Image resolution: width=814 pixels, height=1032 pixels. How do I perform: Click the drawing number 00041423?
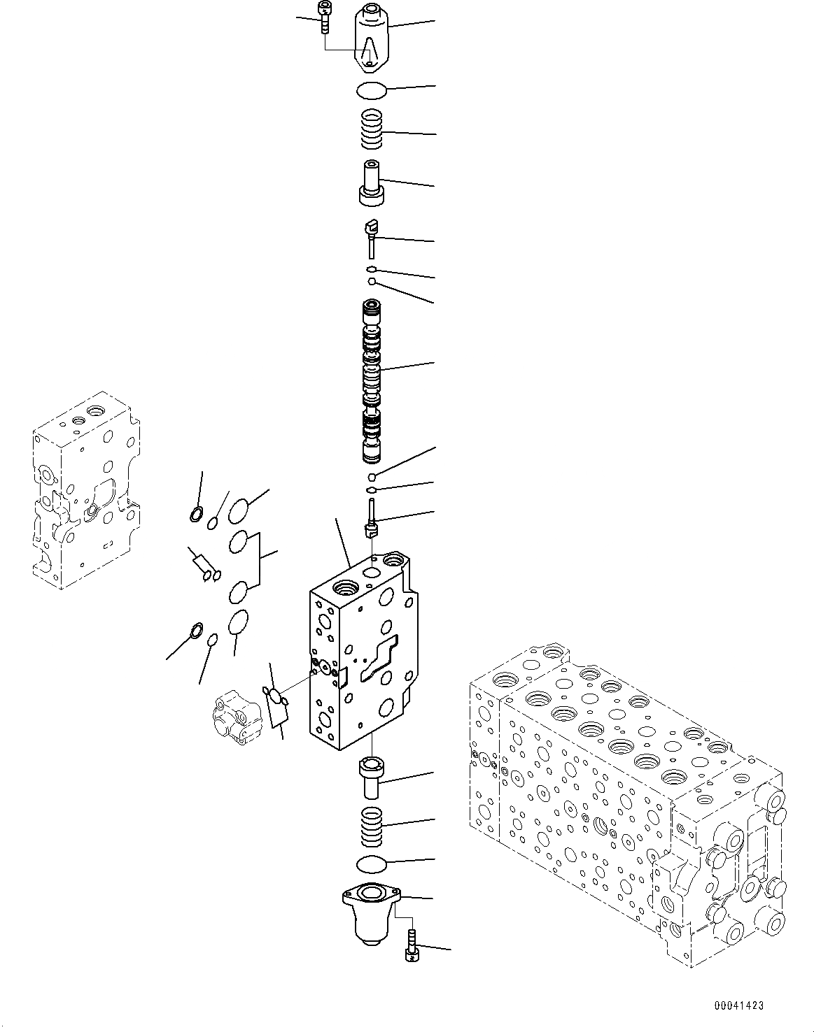pyautogui.click(x=738, y=1005)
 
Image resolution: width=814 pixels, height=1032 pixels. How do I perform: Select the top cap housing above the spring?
pyautogui.click(x=371, y=38)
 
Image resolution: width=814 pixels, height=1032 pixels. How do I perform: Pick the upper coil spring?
pyautogui.click(x=372, y=130)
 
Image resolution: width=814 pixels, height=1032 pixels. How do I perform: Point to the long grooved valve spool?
pyautogui.click(x=371, y=381)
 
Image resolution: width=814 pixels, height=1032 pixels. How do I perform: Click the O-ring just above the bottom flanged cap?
pyautogui.click(x=371, y=864)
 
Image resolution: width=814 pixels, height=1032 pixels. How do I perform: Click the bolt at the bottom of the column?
pyautogui.click(x=411, y=946)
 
